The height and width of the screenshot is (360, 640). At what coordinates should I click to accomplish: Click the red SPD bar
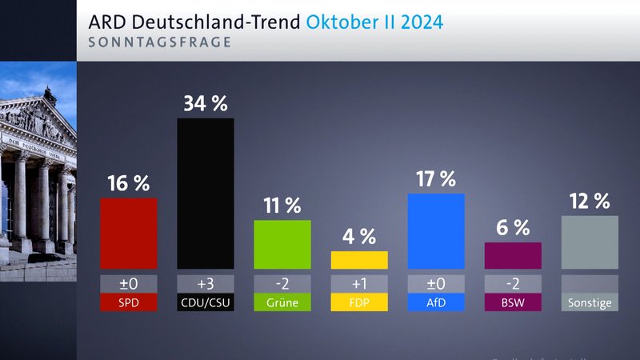click(128, 233)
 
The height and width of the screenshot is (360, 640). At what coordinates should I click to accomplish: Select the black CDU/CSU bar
click(205, 193)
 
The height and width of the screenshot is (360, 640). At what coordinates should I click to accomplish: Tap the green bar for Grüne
click(282, 244)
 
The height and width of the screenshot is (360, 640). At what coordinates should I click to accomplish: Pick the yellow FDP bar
click(359, 260)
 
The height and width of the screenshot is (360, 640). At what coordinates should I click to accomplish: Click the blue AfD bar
click(436, 231)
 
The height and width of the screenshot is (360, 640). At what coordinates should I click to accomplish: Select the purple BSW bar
click(513, 255)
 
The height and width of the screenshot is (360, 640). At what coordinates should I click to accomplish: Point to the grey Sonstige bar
click(590, 242)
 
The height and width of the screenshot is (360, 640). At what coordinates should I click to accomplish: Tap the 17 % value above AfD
click(436, 178)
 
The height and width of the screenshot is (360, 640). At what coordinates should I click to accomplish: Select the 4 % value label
click(359, 236)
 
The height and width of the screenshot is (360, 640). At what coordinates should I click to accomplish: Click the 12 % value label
click(590, 201)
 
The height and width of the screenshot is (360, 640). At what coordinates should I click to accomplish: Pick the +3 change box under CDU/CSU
click(205, 284)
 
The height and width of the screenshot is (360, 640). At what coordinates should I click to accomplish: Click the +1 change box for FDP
click(359, 284)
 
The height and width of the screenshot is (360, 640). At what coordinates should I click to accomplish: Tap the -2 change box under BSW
click(513, 284)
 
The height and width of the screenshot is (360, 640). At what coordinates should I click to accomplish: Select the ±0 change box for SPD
click(128, 284)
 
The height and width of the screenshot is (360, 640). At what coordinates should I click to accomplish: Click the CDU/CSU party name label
click(205, 302)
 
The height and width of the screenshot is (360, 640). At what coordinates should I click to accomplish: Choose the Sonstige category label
click(590, 302)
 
